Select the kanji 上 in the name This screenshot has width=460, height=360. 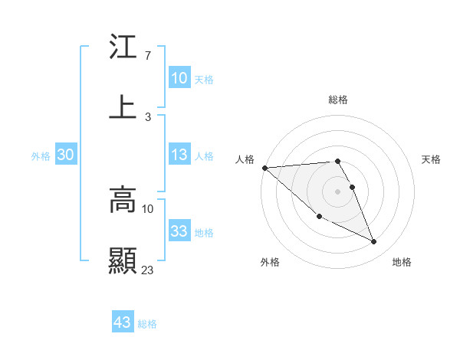click(x=123, y=107)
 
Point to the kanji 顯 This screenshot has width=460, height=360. click(x=123, y=260)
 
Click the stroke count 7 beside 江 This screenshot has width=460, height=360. click(x=147, y=56)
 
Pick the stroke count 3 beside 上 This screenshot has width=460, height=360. click(x=147, y=116)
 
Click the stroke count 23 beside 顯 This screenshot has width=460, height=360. click(x=148, y=269)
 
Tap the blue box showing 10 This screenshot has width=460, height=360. click(x=179, y=78)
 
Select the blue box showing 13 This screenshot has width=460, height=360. click(x=179, y=155)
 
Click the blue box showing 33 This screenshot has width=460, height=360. click(x=179, y=231)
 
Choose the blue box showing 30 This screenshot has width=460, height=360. click(x=65, y=155)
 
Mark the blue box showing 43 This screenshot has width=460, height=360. click(x=122, y=322)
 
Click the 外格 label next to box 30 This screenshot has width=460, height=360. click(x=41, y=155)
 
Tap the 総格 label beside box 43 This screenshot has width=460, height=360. click(x=147, y=324)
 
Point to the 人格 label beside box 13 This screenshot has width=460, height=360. click(x=204, y=155)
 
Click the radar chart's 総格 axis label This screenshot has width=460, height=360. click(x=337, y=100)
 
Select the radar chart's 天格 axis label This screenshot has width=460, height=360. click(x=431, y=159)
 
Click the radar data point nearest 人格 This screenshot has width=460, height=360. click(x=264, y=168)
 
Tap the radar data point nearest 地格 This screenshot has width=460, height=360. click(x=374, y=242)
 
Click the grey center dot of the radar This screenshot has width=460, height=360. click(x=337, y=191)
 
